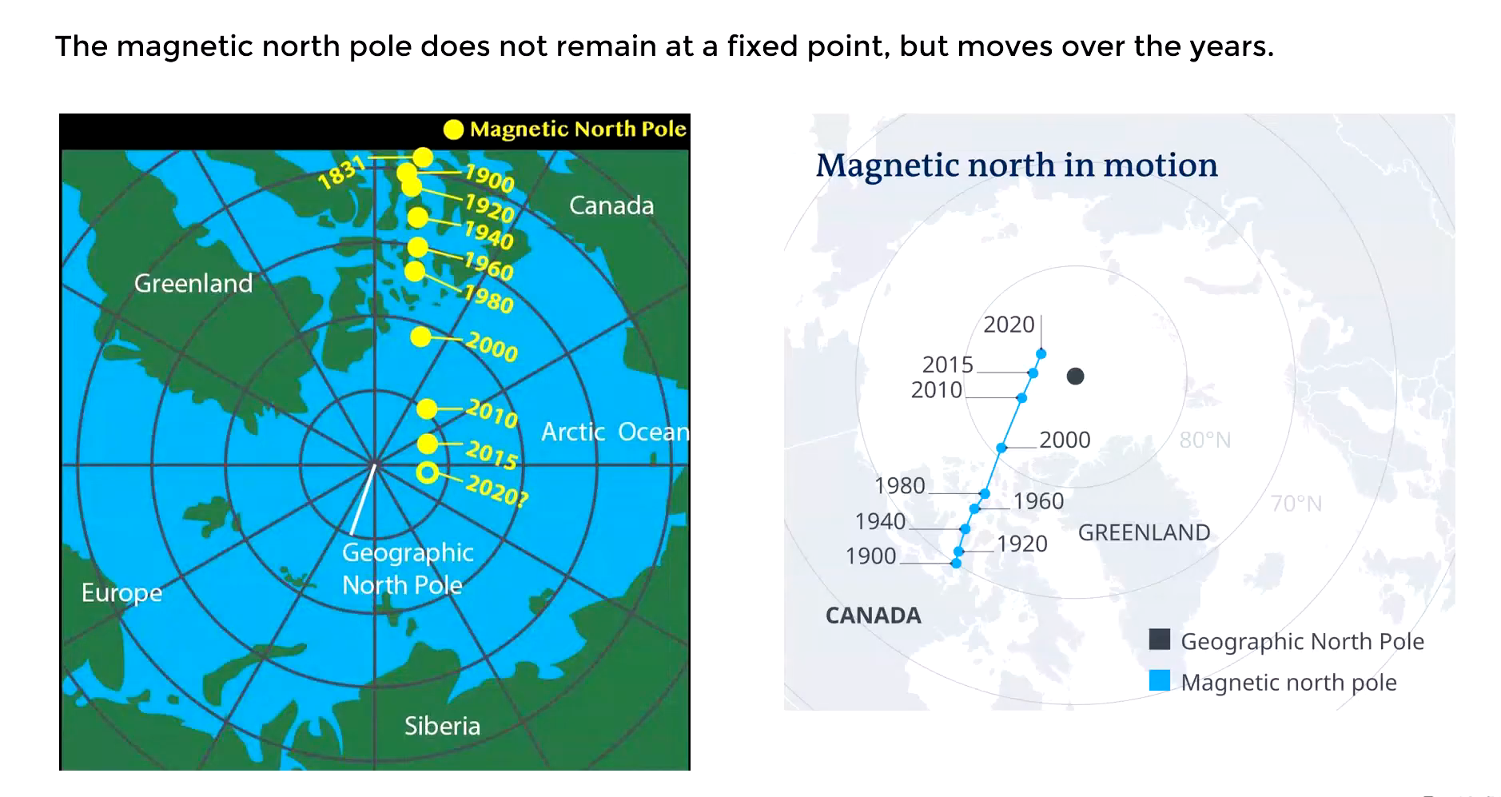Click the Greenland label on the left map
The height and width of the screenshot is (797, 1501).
tap(193, 283)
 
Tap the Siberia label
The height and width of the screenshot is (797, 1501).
tap(442, 726)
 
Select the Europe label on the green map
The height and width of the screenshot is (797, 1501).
tap(121, 593)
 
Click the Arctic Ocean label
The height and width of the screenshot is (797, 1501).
tap(615, 432)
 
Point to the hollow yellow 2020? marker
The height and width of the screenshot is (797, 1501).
tap(428, 473)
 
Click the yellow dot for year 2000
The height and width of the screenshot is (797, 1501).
tap(420, 337)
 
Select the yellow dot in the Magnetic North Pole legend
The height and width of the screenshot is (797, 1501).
tap(453, 130)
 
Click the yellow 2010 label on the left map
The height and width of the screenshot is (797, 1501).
tap(492, 413)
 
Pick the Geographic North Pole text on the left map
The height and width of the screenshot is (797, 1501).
tap(408, 568)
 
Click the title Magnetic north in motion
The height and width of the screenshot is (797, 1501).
tap(1017, 165)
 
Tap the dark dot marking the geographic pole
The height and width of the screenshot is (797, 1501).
tap(1076, 376)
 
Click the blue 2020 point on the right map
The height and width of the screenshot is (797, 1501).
tap(1041, 353)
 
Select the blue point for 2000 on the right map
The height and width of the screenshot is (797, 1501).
tap(1001, 448)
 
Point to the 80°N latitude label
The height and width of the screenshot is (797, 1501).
tap(1204, 440)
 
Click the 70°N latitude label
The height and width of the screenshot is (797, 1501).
tap(1296, 504)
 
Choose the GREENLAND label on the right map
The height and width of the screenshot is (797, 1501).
tap(1144, 532)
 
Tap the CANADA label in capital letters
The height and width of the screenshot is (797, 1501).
tap(873, 616)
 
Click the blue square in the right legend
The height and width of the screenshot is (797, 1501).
tap(1159, 681)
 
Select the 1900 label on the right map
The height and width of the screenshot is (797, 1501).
tap(870, 556)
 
